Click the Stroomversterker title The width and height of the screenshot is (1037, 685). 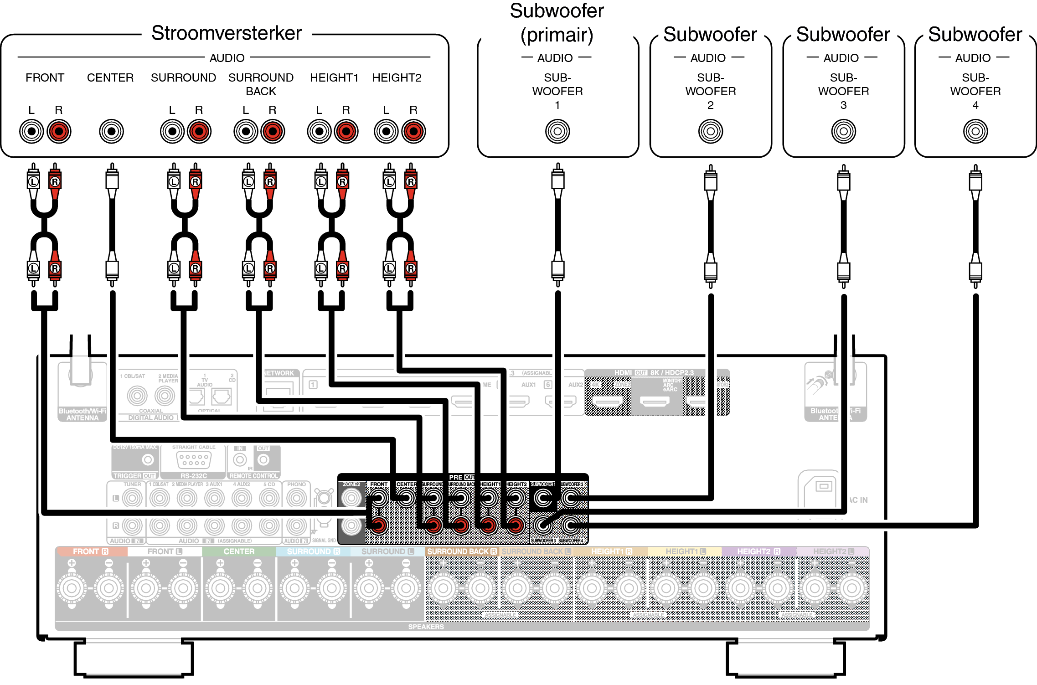(226, 33)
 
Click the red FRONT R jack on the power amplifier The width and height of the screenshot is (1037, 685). (59, 132)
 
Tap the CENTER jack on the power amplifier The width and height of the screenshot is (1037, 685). (111, 132)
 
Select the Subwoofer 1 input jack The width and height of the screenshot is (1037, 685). (557, 132)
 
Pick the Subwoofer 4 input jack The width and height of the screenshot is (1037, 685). (975, 132)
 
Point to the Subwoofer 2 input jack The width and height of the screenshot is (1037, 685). (710, 132)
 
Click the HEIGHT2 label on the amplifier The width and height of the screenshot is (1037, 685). (397, 78)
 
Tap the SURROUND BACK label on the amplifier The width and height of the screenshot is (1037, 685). (261, 84)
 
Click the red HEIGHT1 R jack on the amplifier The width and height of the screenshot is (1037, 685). (346, 132)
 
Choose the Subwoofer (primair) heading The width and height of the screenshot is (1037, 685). (557, 23)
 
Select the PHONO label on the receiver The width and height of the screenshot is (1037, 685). (296, 484)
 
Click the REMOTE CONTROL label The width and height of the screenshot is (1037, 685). (253, 476)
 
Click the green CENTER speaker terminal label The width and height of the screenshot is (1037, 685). (239, 551)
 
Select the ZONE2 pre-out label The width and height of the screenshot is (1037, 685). (351, 484)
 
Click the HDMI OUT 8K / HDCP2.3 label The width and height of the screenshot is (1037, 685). (654, 373)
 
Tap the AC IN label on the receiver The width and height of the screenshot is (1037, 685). (858, 500)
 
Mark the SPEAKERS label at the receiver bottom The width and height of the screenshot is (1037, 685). (426, 627)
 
